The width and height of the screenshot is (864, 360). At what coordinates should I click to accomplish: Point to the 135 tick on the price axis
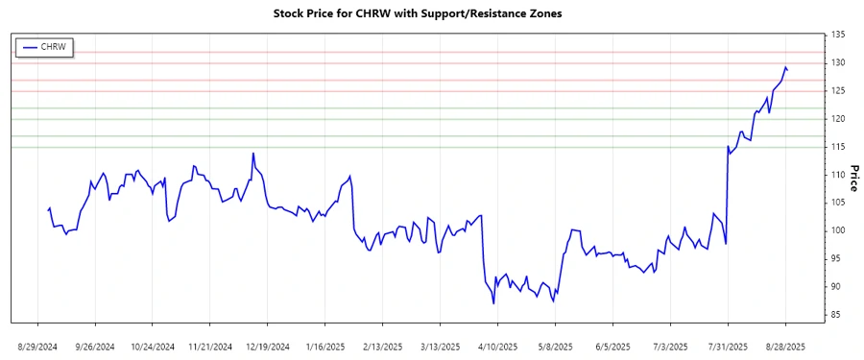point(838,35)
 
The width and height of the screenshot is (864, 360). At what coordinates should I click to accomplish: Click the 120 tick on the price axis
point(838,119)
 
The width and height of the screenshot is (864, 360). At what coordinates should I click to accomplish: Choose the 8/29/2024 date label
point(37,346)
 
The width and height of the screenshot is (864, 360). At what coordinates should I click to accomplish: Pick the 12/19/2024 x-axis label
point(268,346)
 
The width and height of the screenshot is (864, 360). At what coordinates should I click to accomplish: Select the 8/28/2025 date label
point(785,346)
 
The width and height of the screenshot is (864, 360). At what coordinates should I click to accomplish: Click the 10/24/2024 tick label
point(153,346)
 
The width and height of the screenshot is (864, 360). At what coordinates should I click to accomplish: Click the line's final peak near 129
point(785,67)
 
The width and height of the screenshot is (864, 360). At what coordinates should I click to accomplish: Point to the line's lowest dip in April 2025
point(493,303)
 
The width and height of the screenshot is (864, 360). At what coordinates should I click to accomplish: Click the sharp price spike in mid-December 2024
point(253,153)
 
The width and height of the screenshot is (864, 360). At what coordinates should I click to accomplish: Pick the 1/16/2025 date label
point(325,346)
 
